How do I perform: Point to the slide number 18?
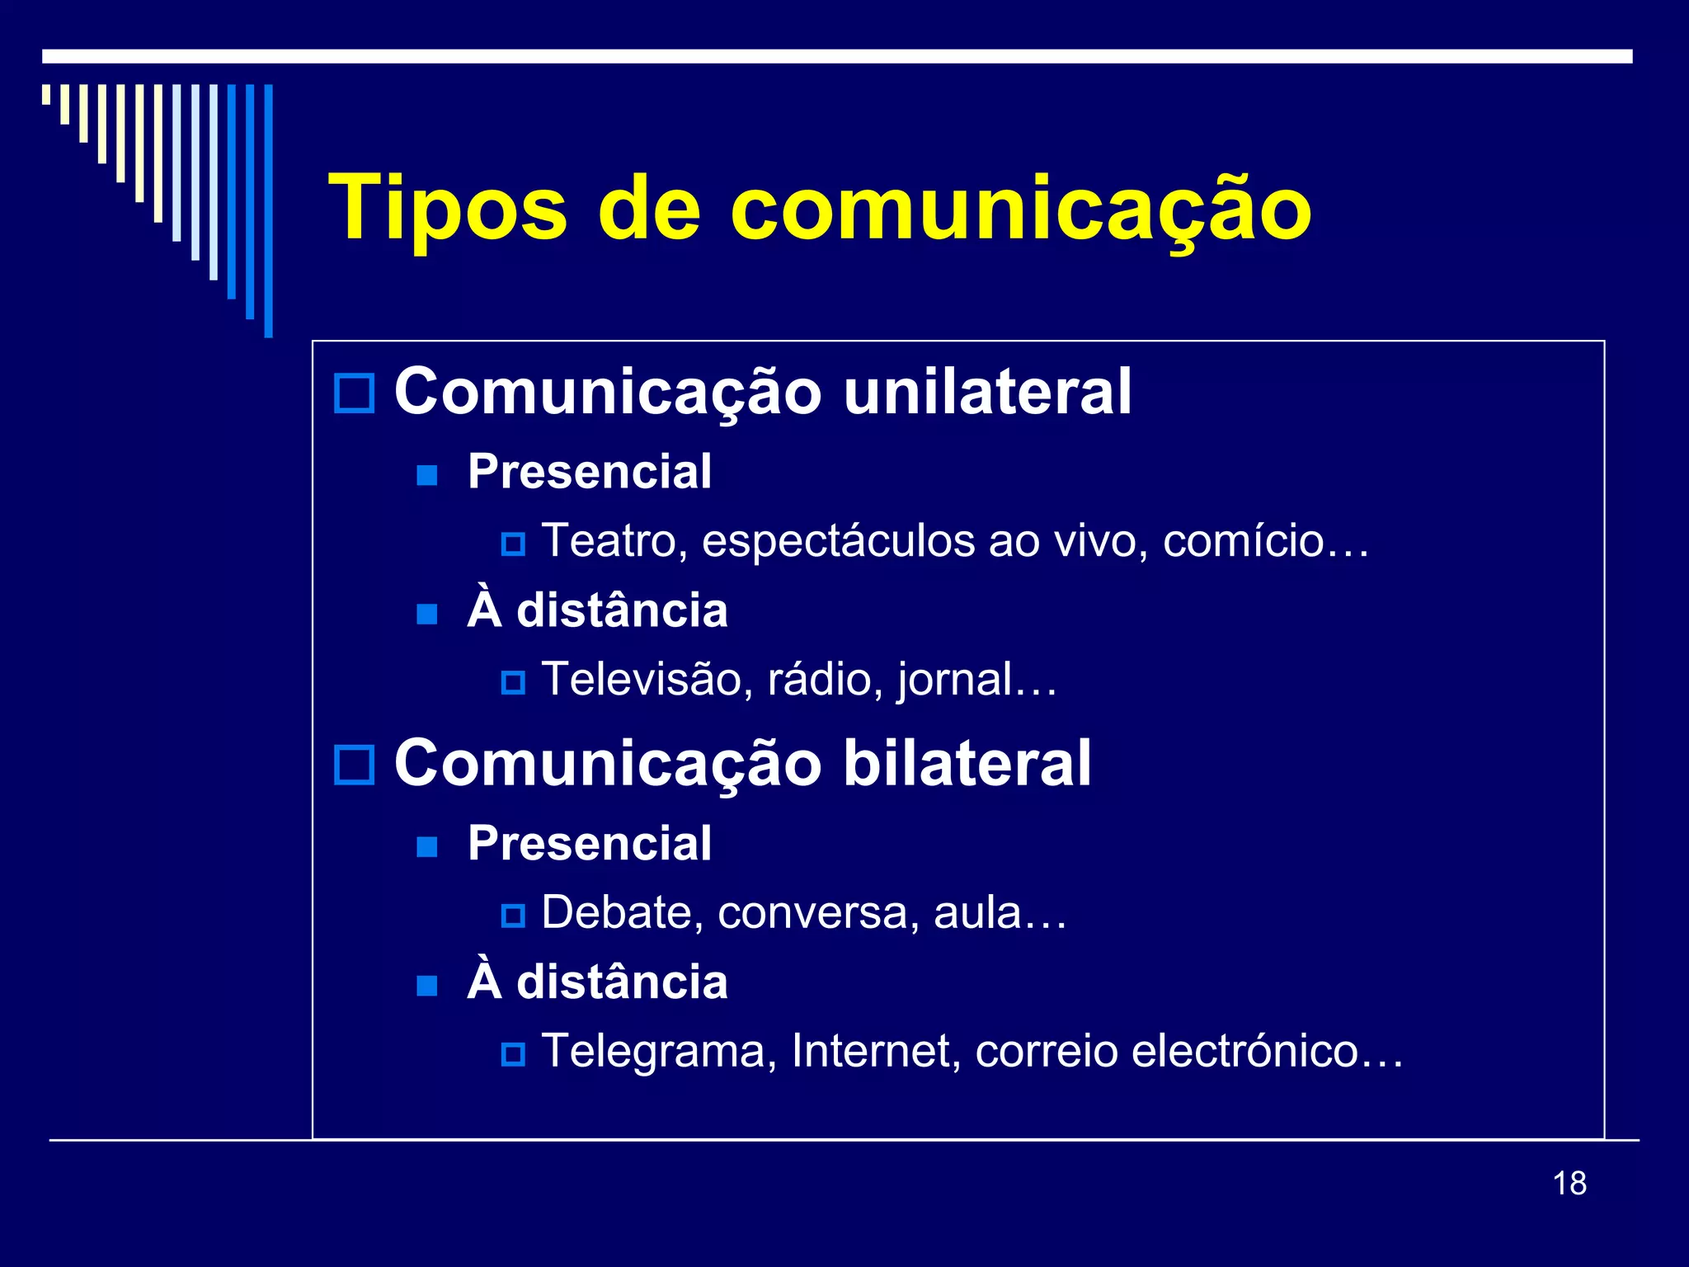tap(1569, 1184)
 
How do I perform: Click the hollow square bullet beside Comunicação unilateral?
tap(355, 393)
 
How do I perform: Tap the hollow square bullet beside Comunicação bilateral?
tap(355, 765)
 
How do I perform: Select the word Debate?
tap(622, 914)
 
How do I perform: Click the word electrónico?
tap(1245, 1053)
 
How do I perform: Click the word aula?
tap(978, 914)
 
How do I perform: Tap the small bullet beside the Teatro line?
tap(513, 544)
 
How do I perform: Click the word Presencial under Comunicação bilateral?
tap(589, 844)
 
